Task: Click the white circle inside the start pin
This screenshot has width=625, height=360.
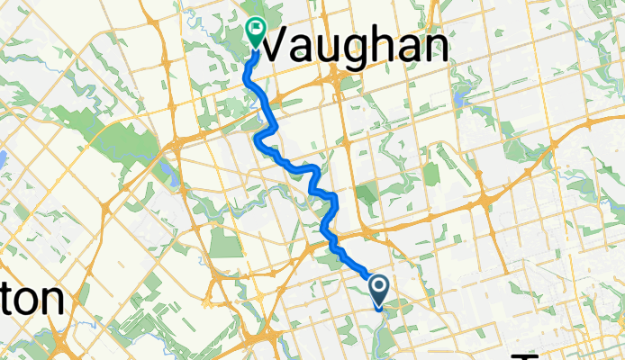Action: click(379, 287)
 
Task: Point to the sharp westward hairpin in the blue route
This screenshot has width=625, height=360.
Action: click(259, 137)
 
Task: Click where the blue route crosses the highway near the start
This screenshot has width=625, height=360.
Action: click(328, 232)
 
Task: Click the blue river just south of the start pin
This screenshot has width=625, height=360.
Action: click(384, 320)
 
